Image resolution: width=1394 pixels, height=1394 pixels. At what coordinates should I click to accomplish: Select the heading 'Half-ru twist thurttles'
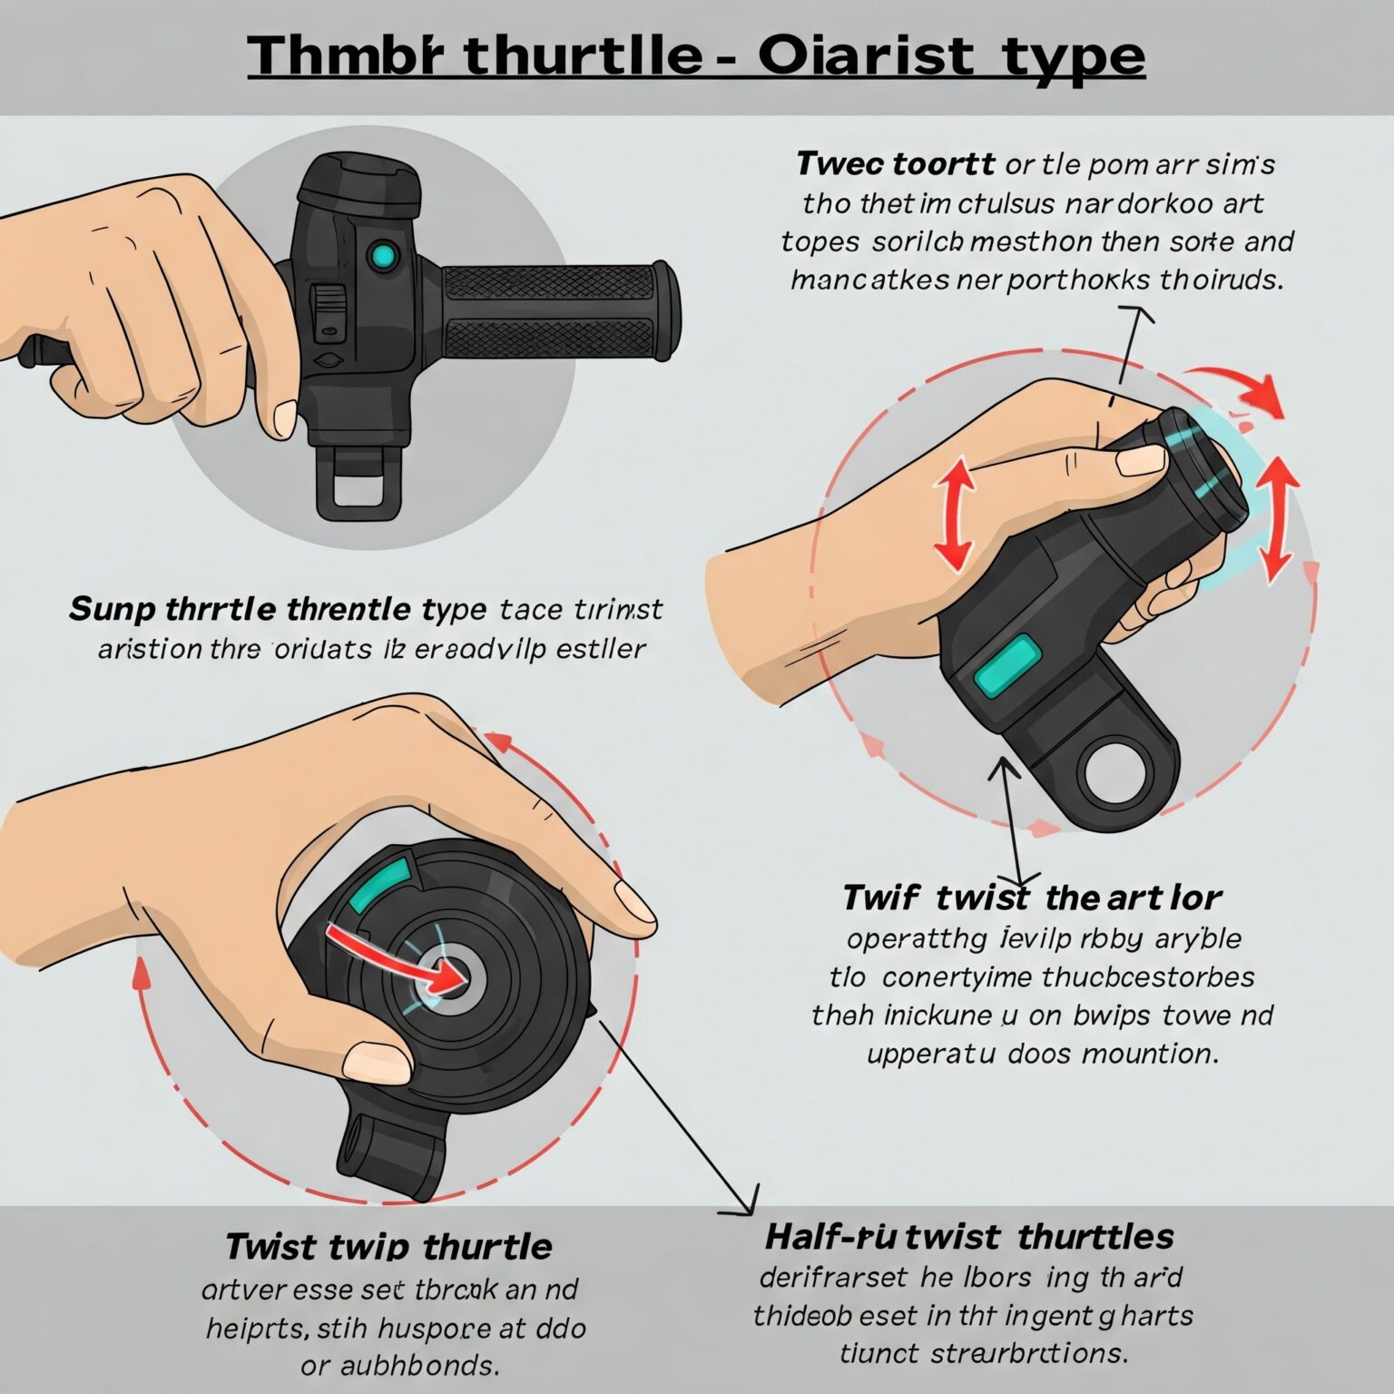click(x=969, y=1236)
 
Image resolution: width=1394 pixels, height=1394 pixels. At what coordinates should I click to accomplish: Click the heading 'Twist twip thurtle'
click(x=388, y=1246)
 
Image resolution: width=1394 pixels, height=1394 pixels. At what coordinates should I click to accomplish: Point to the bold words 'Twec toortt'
click(x=895, y=164)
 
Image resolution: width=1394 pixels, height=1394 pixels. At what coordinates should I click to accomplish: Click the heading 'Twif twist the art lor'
click(x=1031, y=898)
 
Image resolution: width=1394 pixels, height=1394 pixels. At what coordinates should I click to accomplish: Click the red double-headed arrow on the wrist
click(x=953, y=514)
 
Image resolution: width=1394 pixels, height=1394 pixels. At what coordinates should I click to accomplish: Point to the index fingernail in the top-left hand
click(x=284, y=418)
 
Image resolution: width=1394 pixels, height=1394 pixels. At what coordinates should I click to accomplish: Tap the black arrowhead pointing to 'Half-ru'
click(x=747, y=1204)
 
